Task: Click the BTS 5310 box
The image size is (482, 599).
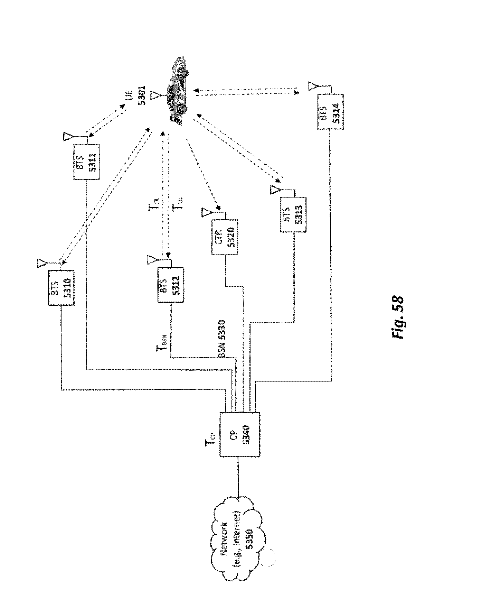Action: point(61,288)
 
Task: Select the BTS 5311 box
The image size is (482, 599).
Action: point(86,162)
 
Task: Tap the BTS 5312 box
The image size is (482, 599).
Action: point(170,285)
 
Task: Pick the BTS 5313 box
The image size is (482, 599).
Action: point(293,214)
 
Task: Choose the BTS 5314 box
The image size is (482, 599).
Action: point(330,111)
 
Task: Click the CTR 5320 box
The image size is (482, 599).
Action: point(224,237)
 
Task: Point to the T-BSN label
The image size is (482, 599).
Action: point(162,344)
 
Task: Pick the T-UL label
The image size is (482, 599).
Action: point(178,204)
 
